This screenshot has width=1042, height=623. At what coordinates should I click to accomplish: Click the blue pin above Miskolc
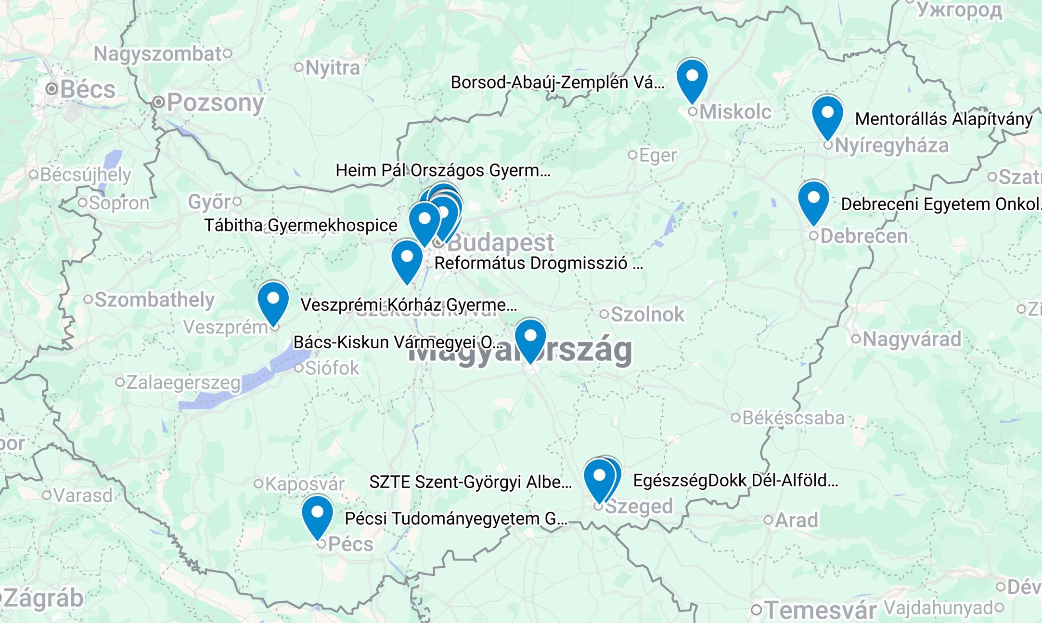pyautogui.click(x=692, y=78)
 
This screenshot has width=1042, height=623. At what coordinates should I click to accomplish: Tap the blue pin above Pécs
pyautogui.click(x=317, y=515)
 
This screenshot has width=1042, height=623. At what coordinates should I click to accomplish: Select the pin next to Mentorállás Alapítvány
pyautogui.click(x=827, y=114)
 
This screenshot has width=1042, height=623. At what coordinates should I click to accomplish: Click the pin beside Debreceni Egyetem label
pyautogui.click(x=813, y=200)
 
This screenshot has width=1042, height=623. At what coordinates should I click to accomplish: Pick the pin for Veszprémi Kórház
pyautogui.click(x=273, y=301)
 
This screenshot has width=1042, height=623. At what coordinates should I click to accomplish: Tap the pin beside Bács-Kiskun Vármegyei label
pyautogui.click(x=530, y=338)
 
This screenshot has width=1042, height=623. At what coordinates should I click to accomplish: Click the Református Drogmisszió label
pyautogui.click(x=538, y=264)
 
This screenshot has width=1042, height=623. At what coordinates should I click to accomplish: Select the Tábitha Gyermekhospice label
pyautogui.click(x=301, y=225)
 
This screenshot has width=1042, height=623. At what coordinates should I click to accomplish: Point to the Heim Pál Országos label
pyautogui.click(x=443, y=170)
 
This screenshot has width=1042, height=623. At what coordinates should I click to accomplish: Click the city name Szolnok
pyautogui.click(x=647, y=315)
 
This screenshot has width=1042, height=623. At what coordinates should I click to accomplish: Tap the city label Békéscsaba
pyautogui.click(x=793, y=418)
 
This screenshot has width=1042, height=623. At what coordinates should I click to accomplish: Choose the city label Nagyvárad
pyautogui.click(x=911, y=339)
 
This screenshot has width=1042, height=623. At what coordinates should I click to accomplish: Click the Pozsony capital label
pyautogui.click(x=215, y=102)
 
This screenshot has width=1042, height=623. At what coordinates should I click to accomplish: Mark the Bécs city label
pyautogui.click(x=88, y=89)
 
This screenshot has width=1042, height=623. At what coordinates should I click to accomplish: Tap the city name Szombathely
pyautogui.click(x=154, y=300)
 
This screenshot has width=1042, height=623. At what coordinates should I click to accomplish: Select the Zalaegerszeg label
pyautogui.click(x=183, y=383)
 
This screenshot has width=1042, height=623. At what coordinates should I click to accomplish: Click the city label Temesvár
pyautogui.click(x=820, y=610)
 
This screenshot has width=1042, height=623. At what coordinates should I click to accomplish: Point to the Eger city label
pyautogui.click(x=657, y=155)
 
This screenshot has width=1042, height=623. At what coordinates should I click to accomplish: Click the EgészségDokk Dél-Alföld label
pyautogui.click(x=735, y=481)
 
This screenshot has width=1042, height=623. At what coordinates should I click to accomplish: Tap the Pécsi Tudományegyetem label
pyautogui.click(x=456, y=519)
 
